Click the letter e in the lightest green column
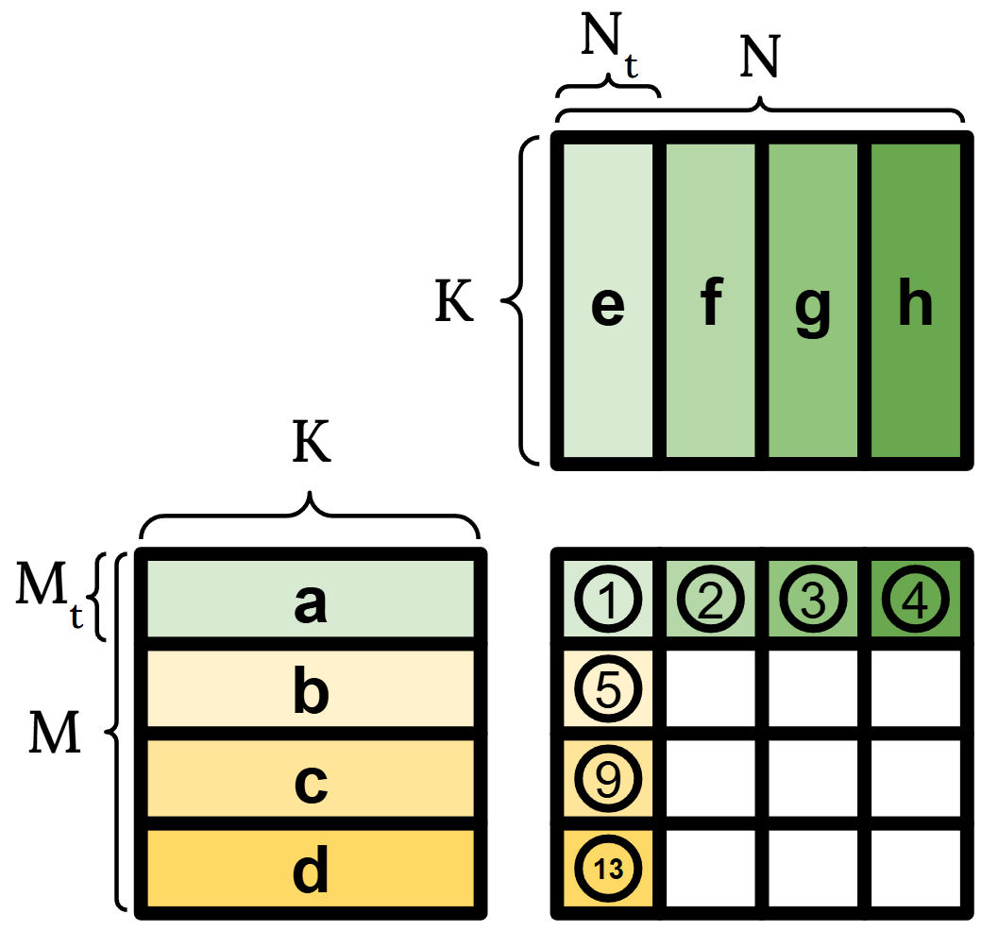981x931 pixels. (608, 305)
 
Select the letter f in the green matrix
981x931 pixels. (711, 303)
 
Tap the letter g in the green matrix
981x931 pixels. (813, 307)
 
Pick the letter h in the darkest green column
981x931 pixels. (915, 303)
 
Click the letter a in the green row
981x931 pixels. (311, 603)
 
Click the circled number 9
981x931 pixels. (609, 780)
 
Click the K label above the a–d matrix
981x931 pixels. (311, 445)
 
